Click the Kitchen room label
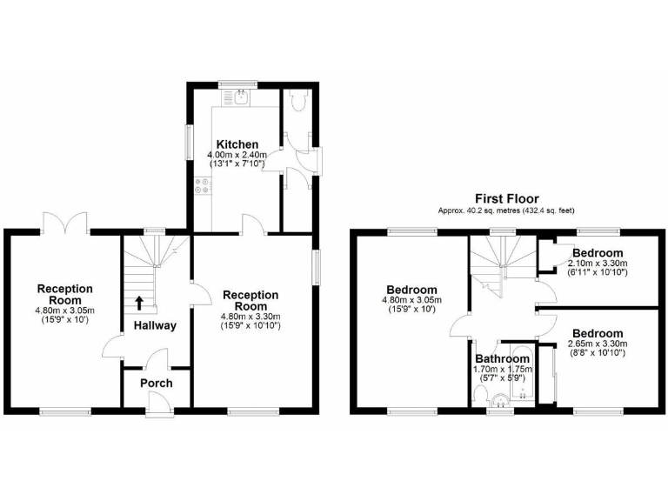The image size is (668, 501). [x=237, y=144]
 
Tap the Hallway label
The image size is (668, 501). [x=155, y=326]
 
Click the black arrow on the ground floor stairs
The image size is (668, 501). [x=139, y=303]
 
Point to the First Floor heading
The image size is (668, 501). [x=506, y=199]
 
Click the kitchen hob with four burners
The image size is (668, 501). [x=203, y=185]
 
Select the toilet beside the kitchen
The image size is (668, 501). [x=299, y=102]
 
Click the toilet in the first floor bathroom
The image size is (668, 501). [x=479, y=395]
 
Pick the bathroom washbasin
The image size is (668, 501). [x=501, y=400]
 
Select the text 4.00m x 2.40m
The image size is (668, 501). [x=237, y=155]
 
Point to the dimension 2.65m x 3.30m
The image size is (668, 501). [x=598, y=344]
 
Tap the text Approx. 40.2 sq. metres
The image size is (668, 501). [x=477, y=211]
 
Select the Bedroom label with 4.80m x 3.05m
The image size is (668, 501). [x=412, y=290]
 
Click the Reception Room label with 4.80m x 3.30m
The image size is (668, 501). [x=250, y=301]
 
